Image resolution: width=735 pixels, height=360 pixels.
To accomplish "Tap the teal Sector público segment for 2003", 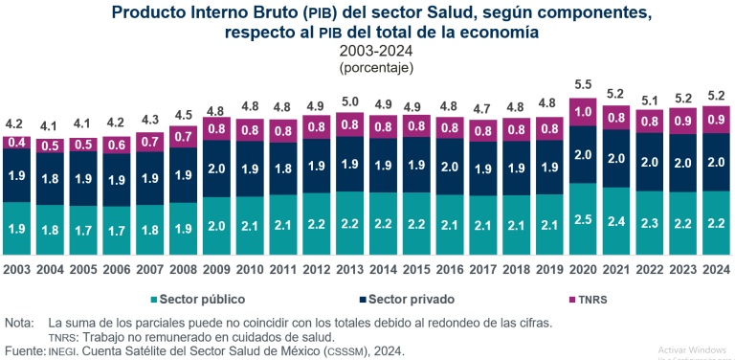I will point(15,228).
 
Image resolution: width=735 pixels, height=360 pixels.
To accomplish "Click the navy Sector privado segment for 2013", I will point(349,164).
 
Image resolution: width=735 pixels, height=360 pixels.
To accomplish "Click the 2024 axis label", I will point(716,269).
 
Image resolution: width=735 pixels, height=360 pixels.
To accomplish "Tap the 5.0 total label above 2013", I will point(349,101).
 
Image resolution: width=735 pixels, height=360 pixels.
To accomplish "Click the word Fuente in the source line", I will point(24,351).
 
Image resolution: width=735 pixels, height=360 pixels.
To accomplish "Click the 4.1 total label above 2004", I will point(49,124).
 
